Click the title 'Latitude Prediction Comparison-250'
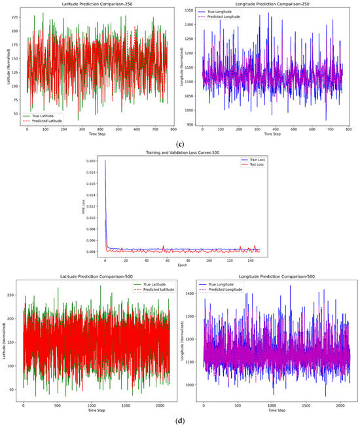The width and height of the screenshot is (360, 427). click(x=89, y=4)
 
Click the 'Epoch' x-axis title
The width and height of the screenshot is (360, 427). click(x=179, y=267)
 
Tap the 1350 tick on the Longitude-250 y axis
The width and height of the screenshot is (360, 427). click(x=191, y=10)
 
